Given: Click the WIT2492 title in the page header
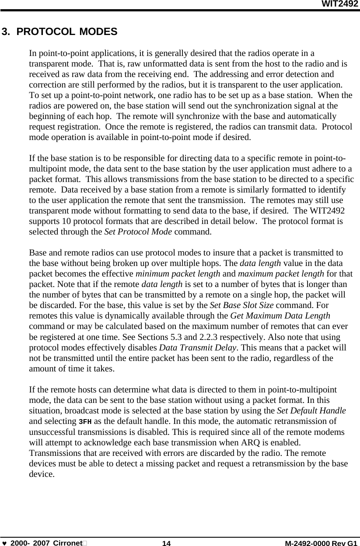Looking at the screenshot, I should click(340, 4).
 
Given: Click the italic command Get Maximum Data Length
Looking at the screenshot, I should click(280, 316).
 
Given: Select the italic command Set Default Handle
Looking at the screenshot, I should click(312, 411).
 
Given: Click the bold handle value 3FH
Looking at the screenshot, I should click(85, 422).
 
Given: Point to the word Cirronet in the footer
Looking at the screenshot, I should click(67, 543).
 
